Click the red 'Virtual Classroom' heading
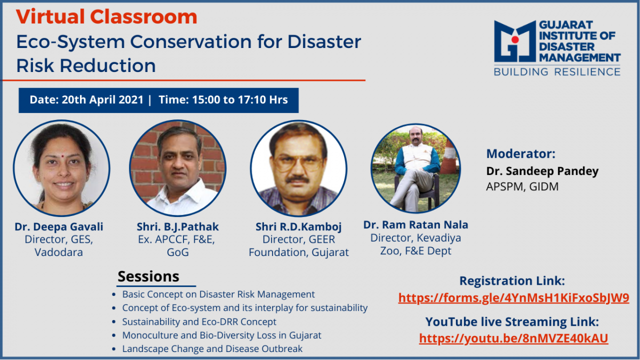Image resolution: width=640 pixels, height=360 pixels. pos(107,17)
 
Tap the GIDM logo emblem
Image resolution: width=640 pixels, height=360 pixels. pos(515,41)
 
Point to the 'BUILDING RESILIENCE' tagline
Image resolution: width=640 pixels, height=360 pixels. pos(557,71)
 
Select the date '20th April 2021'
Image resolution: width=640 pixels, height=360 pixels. pos(102,100)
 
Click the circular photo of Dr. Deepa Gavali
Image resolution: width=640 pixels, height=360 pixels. pos(61,168)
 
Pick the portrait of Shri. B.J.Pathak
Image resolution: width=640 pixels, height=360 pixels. pos(178,168)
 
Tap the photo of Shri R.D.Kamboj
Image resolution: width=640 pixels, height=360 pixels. pos(299,168)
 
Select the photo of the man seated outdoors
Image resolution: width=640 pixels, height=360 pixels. pos(415,169)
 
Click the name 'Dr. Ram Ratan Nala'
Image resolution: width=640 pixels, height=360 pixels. pos(415,225)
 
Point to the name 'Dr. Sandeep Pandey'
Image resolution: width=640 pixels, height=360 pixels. pos(542,171)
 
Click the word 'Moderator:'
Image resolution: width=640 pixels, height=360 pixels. pos(521,154)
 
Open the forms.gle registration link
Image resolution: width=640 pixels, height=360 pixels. pos(514,298)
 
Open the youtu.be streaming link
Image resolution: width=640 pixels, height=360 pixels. pos(514,338)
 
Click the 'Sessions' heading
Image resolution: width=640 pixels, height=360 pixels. pos(149,276)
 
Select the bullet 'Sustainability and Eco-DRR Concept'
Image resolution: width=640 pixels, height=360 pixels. pos(199,322)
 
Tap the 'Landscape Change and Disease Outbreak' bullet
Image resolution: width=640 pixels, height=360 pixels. pos(212,349)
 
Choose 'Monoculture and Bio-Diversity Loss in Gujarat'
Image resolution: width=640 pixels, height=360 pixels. pos(222,335)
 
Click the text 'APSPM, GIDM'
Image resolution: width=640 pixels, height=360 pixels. pos(522,187)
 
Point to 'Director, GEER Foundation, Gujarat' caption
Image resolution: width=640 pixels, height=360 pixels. pos(299,246)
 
